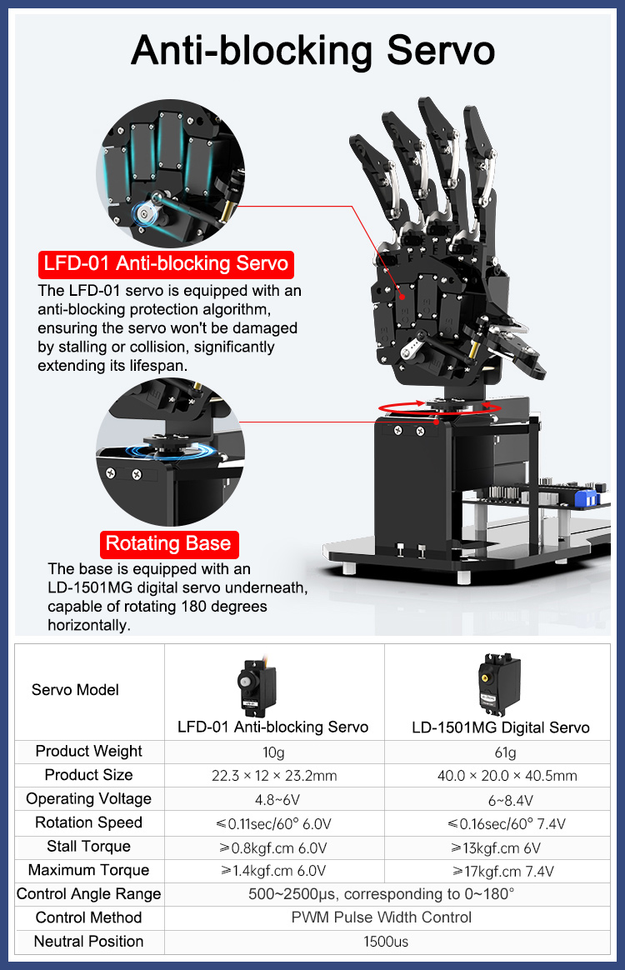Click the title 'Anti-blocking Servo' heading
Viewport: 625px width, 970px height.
pyautogui.click(x=312, y=51)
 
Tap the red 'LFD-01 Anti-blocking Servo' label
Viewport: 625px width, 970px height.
pyautogui.click(x=166, y=263)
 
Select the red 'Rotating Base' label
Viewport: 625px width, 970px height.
pyautogui.click(x=168, y=544)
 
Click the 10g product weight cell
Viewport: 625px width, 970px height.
pyautogui.click(x=273, y=752)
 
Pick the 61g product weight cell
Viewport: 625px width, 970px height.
pyautogui.click(x=505, y=752)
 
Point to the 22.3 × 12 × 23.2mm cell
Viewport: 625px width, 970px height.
pyautogui.click(x=274, y=776)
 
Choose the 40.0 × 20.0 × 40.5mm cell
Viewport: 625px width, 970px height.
pyautogui.click(x=507, y=776)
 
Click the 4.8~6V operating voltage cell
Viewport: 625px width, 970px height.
pyautogui.click(x=277, y=800)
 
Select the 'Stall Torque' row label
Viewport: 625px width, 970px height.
pyautogui.click(x=88, y=847)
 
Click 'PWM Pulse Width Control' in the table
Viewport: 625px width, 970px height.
pyautogui.click(x=381, y=917)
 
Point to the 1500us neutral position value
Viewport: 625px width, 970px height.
pyautogui.click(x=386, y=942)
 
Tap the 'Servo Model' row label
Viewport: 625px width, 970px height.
pyautogui.click(x=75, y=690)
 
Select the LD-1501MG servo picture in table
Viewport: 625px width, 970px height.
pyautogui.click(x=499, y=683)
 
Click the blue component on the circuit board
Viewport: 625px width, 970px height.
pyautogui.click(x=585, y=497)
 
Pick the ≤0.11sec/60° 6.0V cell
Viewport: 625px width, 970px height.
pyautogui.click(x=273, y=824)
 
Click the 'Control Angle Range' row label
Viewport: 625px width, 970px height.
pyautogui.click(x=88, y=894)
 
